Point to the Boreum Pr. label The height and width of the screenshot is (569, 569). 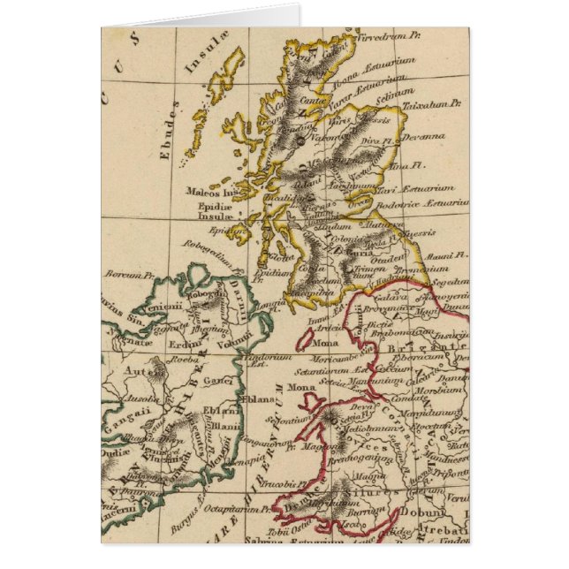click(x=124, y=275)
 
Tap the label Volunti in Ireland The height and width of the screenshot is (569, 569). click(x=234, y=336)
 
